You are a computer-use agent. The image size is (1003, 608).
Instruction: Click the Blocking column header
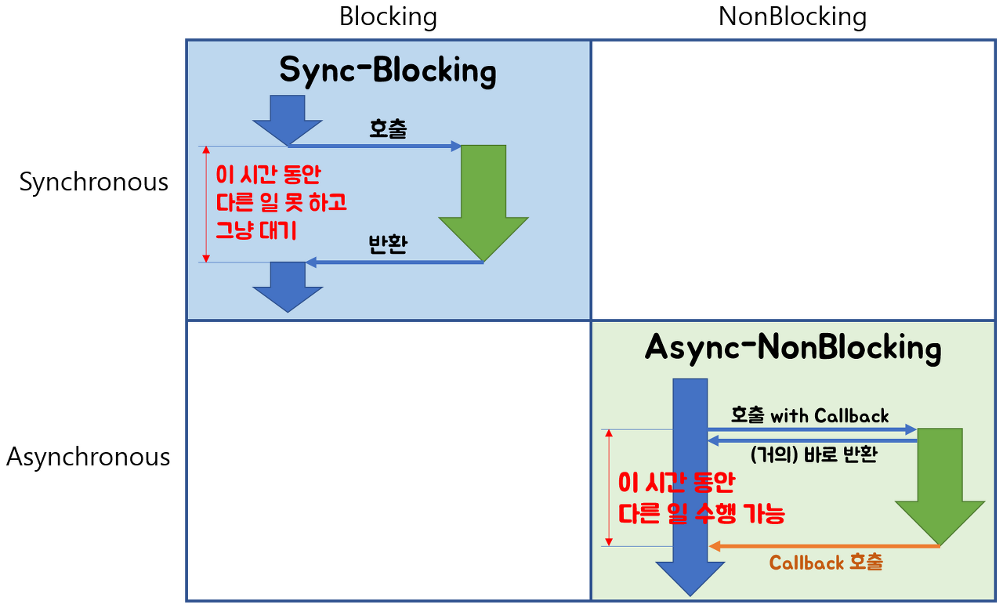point(388,17)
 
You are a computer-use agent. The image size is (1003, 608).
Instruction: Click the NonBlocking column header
point(792,17)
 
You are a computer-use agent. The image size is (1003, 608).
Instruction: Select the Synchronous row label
point(94,182)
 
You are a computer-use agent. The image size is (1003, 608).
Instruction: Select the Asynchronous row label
point(88,457)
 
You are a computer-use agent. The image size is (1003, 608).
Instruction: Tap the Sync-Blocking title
point(388,71)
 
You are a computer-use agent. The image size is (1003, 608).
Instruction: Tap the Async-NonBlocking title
point(793,348)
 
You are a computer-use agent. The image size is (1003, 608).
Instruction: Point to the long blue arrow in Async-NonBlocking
point(690,486)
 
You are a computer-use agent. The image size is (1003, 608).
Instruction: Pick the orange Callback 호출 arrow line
point(823,546)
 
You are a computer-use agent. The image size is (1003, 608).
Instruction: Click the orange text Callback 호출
point(826,563)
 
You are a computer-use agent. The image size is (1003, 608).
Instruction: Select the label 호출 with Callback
point(809,415)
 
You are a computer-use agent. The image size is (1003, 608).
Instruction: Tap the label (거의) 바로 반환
point(813,455)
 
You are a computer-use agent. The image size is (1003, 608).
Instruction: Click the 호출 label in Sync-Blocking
point(388,129)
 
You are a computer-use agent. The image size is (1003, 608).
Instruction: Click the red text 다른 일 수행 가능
point(701,514)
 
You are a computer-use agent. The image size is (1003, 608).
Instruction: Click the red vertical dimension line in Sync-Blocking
point(206,204)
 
